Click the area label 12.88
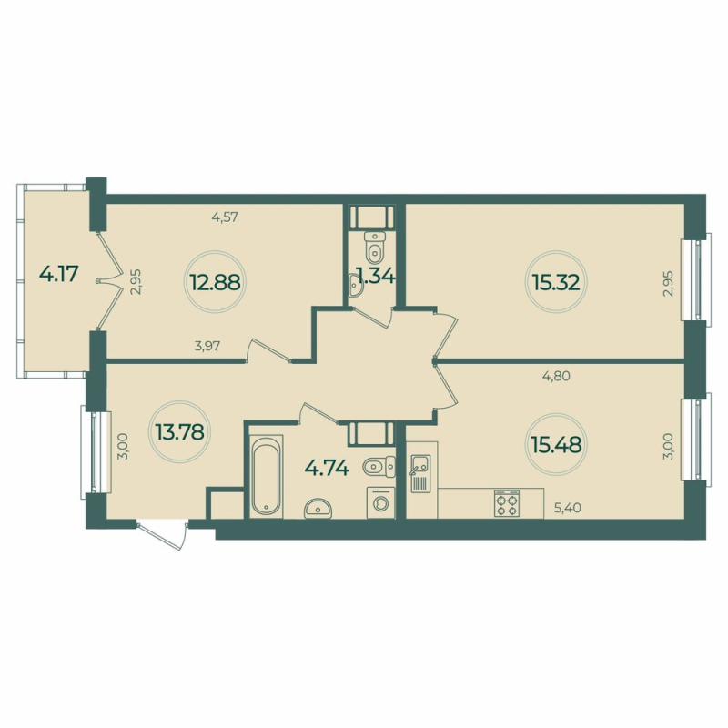(215, 281)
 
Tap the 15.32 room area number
(554, 281)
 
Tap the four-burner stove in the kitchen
(507, 503)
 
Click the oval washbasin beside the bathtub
(318, 508)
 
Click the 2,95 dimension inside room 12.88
(135, 282)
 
